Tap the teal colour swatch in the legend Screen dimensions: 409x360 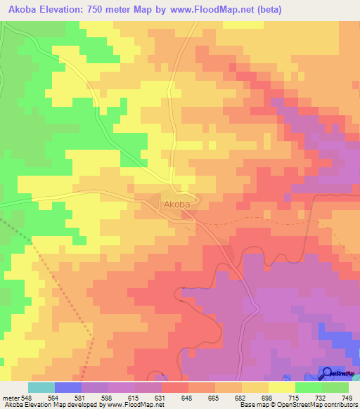pos(41,387)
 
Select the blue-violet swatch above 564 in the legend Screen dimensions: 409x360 pos(68,387)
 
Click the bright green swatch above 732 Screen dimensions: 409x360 pos(309,387)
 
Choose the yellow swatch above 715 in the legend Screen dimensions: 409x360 pos(282,387)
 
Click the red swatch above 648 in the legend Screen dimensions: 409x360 pos(175,387)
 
